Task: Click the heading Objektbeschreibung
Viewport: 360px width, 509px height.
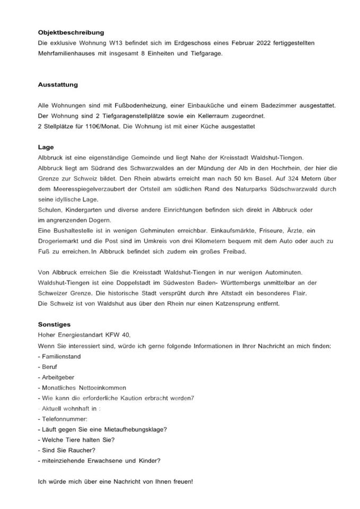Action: click(x=71, y=32)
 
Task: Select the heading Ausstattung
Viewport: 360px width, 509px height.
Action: click(x=58, y=84)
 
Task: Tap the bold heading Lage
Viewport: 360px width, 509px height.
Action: click(x=46, y=147)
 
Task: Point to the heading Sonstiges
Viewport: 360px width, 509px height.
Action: click(x=54, y=323)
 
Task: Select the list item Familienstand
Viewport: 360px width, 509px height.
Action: click(x=61, y=356)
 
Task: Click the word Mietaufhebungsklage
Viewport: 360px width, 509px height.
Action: click(x=135, y=429)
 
